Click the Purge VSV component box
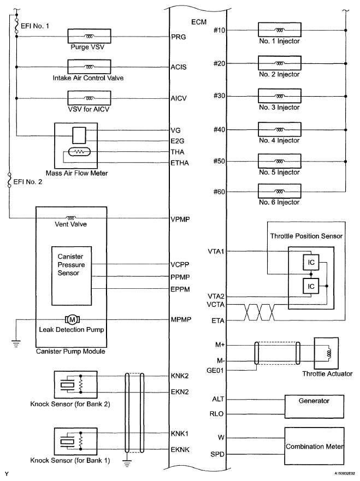(88, 36)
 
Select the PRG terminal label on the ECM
(179, 37)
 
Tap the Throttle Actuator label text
(326, 374)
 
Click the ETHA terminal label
(180, 162)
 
